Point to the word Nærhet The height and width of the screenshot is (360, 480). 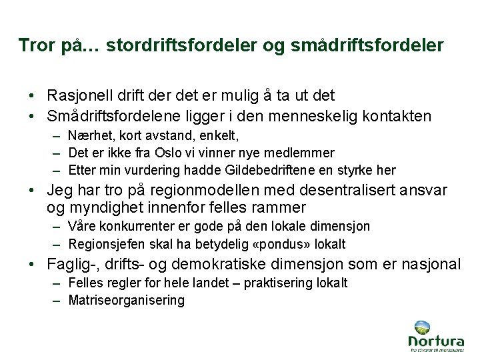click(x=86, y=137)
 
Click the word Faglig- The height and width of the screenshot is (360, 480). click(x=69, y=265)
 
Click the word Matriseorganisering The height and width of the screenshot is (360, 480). click(x=126, y=300)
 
